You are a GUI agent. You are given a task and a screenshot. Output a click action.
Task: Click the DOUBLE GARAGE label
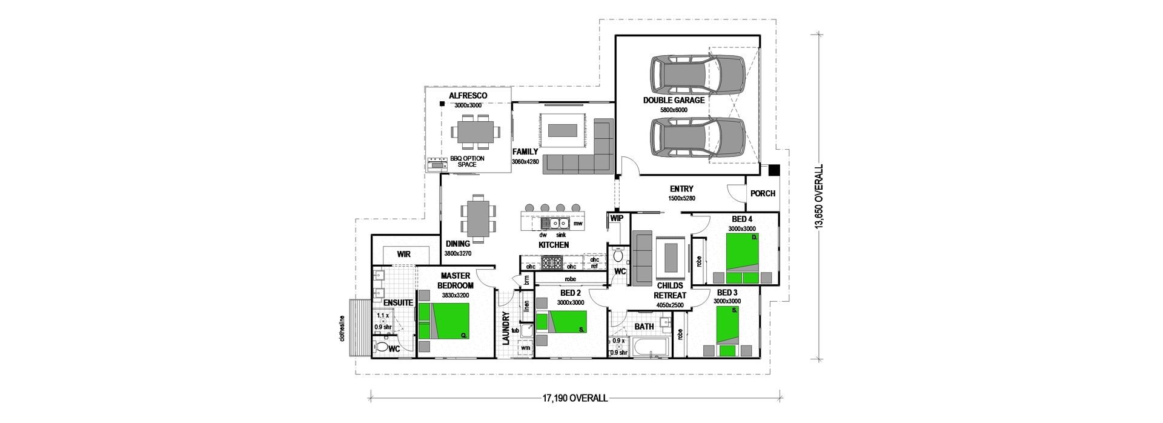pos(674,100)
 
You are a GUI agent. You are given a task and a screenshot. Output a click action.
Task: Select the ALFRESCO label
pos(468,96)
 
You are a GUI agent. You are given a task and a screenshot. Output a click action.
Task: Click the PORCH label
pos(763,194)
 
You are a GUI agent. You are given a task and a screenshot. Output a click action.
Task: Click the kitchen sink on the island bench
pos(556,222)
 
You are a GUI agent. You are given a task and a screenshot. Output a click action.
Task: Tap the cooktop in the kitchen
pos(552,263)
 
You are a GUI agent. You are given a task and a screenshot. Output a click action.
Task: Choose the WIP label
pos(617,218)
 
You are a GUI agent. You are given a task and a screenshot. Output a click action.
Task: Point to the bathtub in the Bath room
pos(649,347)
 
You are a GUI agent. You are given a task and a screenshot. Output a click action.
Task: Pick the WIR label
pos(404,255)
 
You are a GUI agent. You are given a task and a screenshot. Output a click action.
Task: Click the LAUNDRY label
pos(506,328)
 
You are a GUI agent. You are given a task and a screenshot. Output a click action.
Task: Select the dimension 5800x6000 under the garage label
pos(674,110)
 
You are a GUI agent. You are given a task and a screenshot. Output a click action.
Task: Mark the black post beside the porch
pos(774,170)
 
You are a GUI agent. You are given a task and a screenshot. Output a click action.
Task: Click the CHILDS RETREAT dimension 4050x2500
pos(669,305)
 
